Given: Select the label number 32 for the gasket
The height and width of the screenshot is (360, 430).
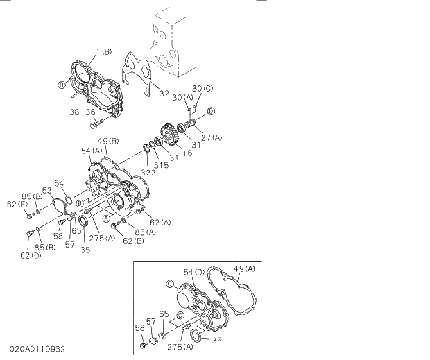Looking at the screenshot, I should pyautogui.click(x=164, y=94).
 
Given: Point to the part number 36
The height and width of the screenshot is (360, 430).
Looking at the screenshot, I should pyautogui.click(x=91, y=111).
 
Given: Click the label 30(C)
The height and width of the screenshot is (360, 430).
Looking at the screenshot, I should pyautogui.click(x=203, y=88).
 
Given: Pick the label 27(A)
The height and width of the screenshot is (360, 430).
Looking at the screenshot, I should pyautogui.click(x=211, y=137).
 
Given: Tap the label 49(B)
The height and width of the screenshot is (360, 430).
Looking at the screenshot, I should pyautogui.click(x=108, y=142).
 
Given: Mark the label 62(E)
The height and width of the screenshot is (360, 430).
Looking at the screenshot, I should pyautogui.click(x=17, y=205).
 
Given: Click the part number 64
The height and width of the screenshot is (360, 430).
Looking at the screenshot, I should pyautogui.click(x=60, y=183).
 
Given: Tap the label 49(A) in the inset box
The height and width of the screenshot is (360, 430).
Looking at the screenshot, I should pyautogui.click(x=244, y=268).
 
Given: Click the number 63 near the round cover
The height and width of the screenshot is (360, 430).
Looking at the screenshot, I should pyautogui.click(x=47, y=189).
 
